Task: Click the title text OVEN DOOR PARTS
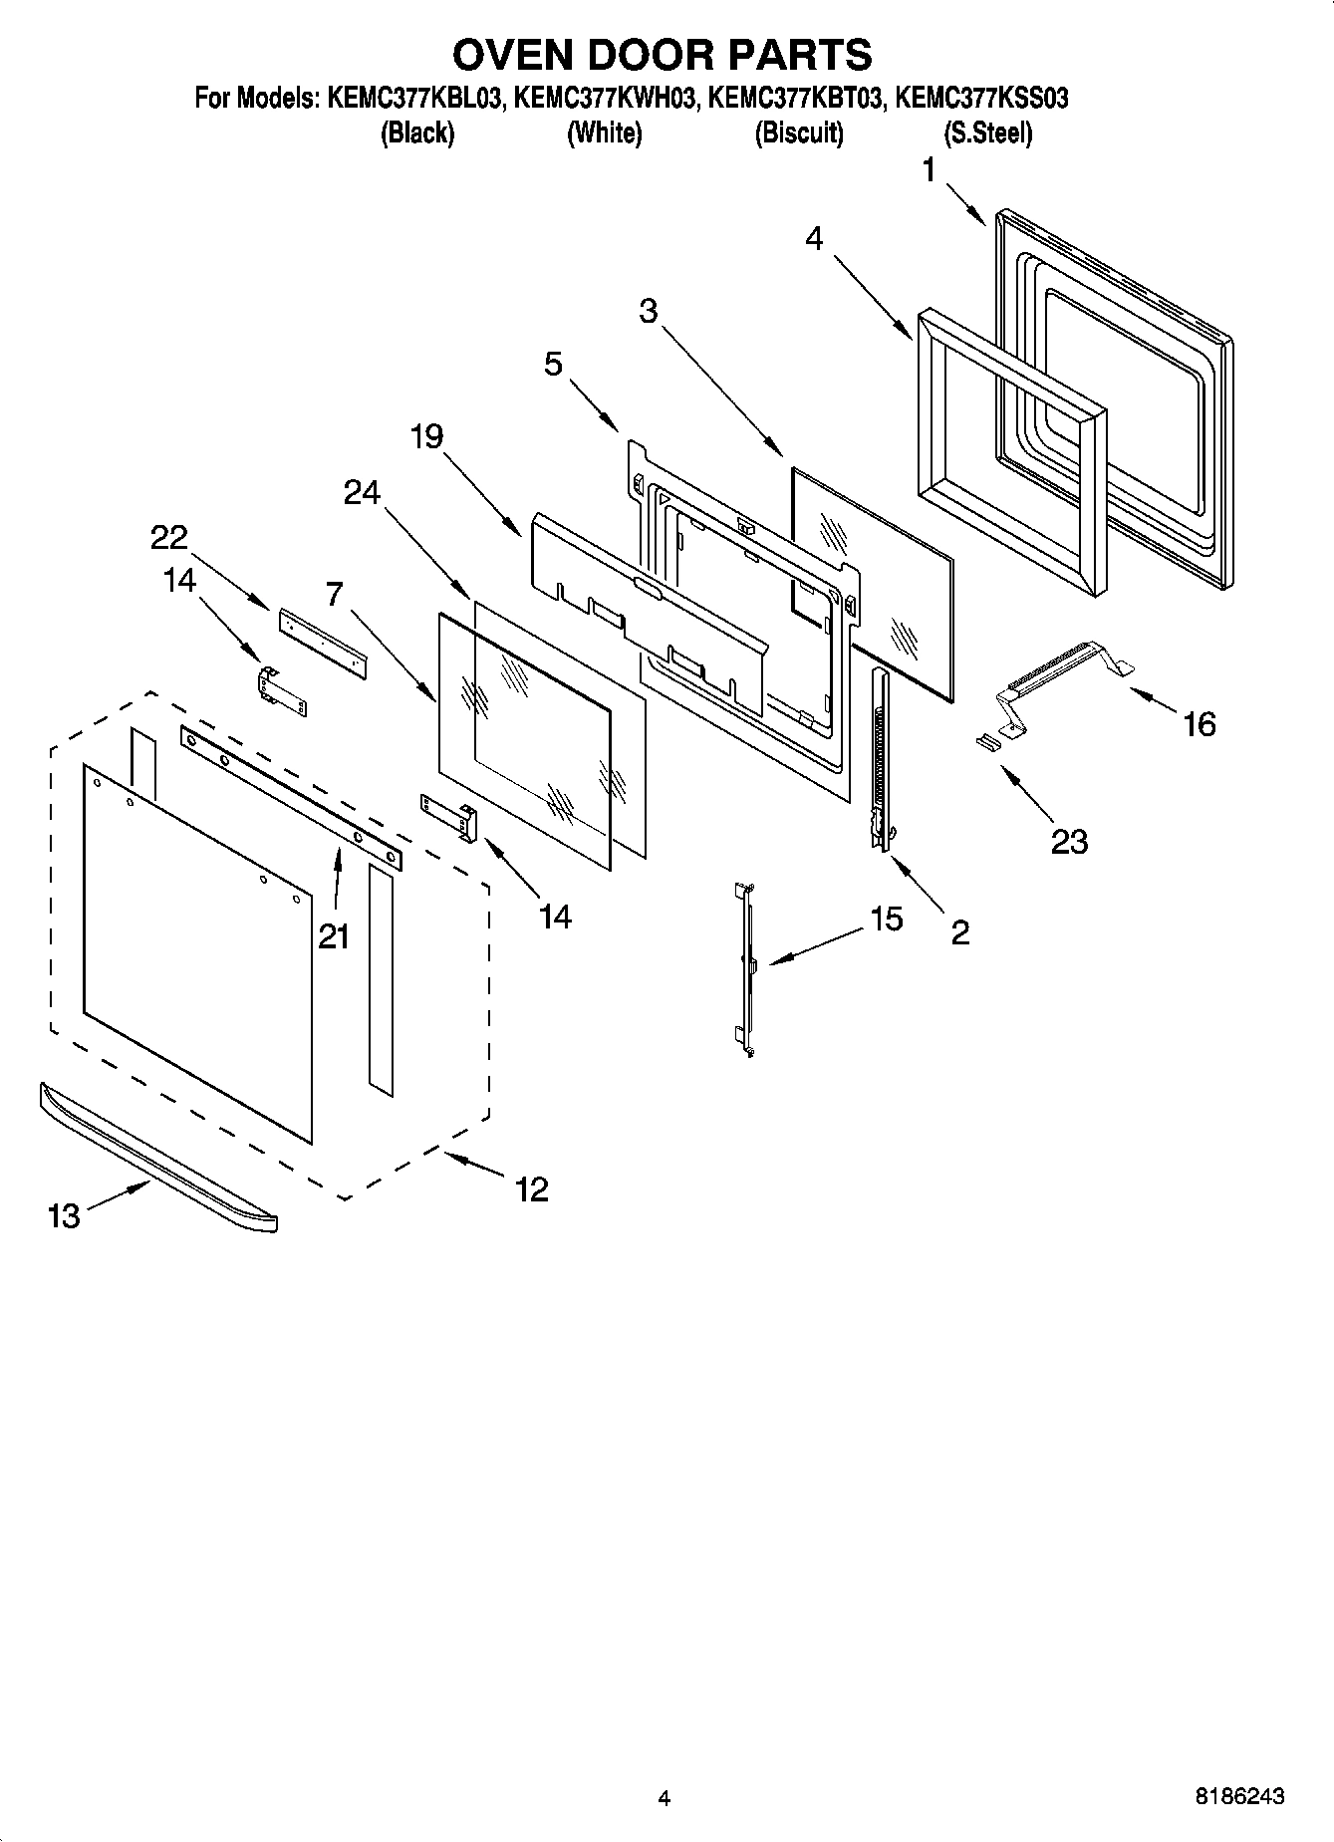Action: [667, 54]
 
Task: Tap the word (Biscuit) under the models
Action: [798, 133]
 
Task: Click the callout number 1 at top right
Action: [929, 171]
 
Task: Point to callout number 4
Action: [814, 239]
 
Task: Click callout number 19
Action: [426, 436]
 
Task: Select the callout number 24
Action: [362, 492]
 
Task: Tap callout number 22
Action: [169, 538]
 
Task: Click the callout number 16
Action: [1200, 724]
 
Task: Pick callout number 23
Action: [1069, 842]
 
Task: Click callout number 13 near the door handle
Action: [64, 1215]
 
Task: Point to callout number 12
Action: [532, 1188]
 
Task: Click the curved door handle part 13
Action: [159, 1160]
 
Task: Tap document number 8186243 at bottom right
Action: [1239, 1797]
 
